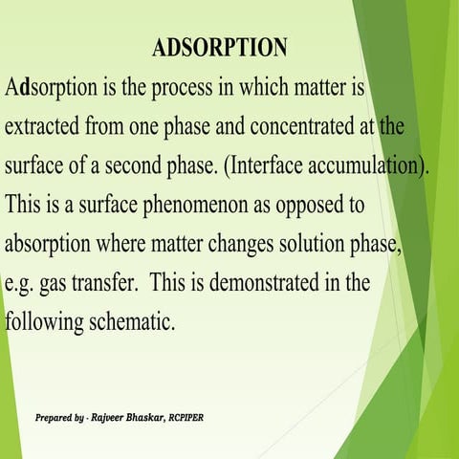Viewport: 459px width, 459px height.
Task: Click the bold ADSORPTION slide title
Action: point(219,48)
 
